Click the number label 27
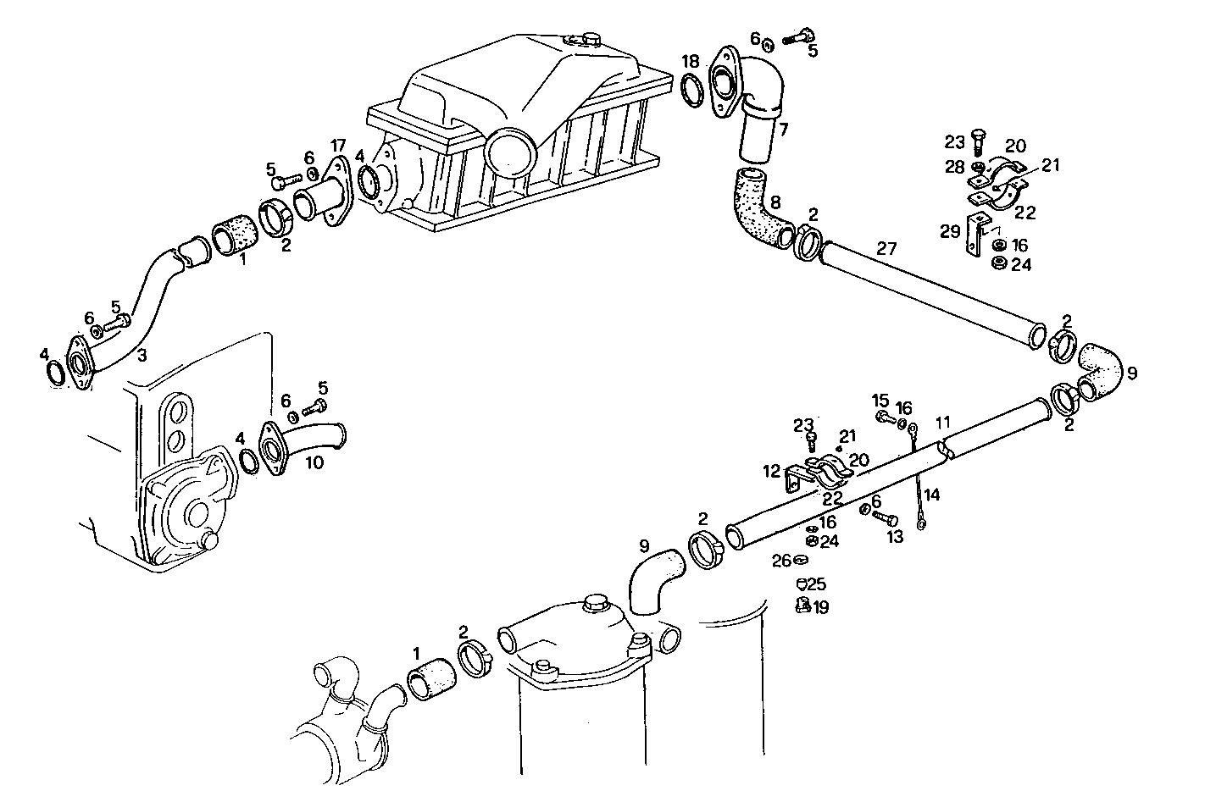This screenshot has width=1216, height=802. [x=886, y=249]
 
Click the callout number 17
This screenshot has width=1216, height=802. [x=338, y=145]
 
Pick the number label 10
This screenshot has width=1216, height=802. [x=314, y=462]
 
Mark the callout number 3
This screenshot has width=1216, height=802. [x=142, y=356]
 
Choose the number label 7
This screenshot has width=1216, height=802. [x=783, y=130]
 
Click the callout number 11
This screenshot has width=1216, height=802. [x=943, y=421]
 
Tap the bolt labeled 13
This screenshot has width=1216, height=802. [x=886, y=517]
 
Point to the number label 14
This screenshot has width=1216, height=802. [x=932, y=494]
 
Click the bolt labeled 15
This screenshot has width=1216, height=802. [x=884, y=418]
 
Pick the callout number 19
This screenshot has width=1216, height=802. [x=821, y=607]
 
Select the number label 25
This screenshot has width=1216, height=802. [x=816, y=584]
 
